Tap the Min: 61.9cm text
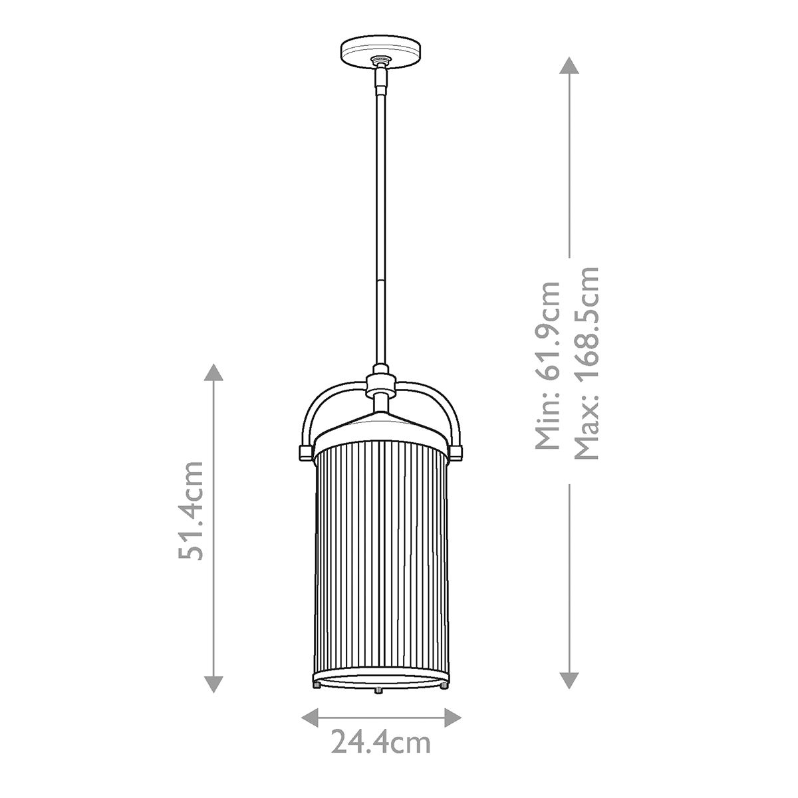tap(549, 365)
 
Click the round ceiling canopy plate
tap(381, 51)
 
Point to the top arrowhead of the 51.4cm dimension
tap(213, 372)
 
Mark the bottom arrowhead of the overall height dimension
tap(569, 679)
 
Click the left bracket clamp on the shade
tap(305, 452)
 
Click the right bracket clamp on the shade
tap(456, 452)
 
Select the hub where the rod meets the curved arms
tap(381, 384)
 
